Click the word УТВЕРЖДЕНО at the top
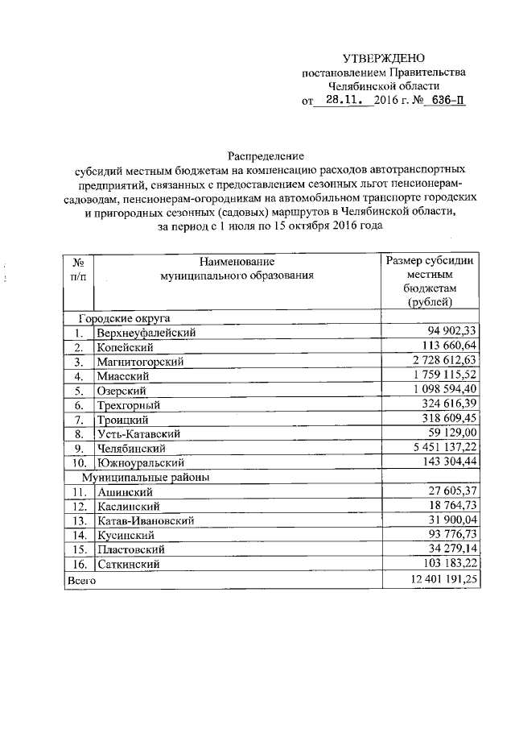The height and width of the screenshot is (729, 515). click(x=382, y=58)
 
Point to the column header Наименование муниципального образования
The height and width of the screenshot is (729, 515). click(x=236, y=268)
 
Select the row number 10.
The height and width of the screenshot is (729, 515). click(x=79, y=463)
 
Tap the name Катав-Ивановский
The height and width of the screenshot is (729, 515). click(x=146, y=521)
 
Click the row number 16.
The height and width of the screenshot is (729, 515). click(x=79, y=565)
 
